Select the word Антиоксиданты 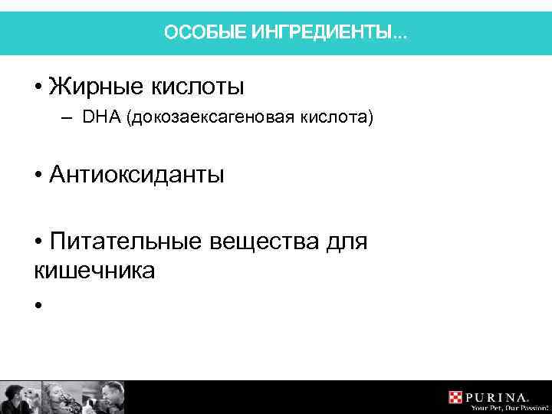[x=136, y=176]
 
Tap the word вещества [x=264, y=242]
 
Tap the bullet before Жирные [x=38, y=87]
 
